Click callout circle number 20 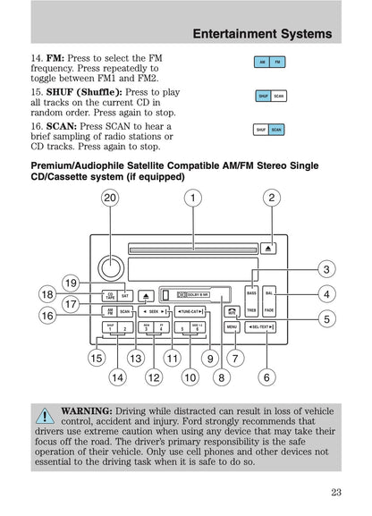click(x=109, y=198)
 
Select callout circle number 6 click(x=266, y=378)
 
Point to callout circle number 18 click(x=46, y=293)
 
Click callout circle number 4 click(x=326, y=293)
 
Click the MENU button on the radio click(x=232, y=328)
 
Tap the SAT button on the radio click(x=126, y=294)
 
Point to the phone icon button click(x=232, y=311)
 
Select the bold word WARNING click(x=86, y=410)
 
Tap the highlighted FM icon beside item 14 click(x=278, y=62)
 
